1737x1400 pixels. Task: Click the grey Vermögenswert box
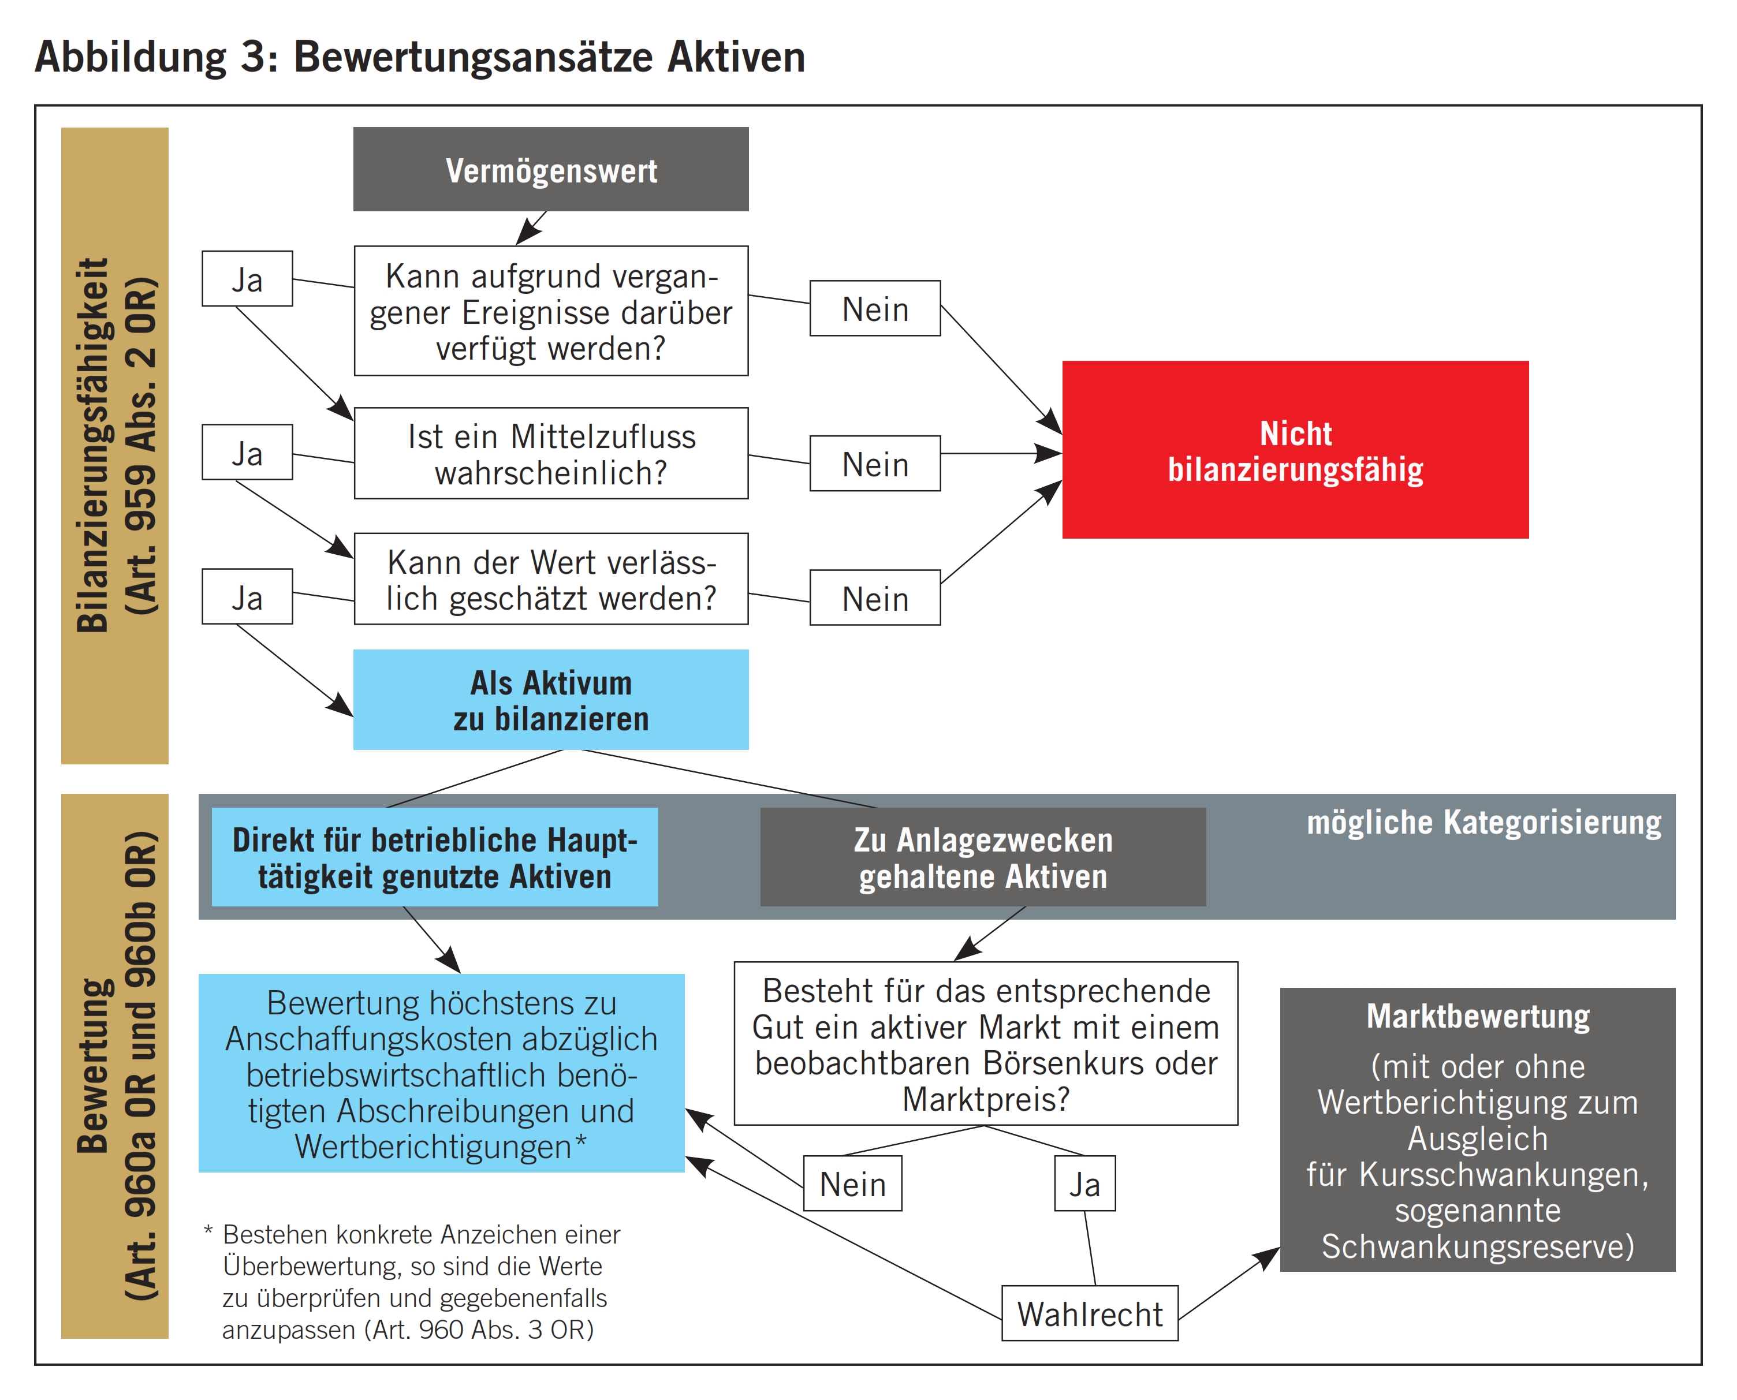tap(550, 169)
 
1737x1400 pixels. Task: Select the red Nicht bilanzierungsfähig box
tap(1294, 450)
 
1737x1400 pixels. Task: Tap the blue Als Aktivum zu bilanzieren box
tap(550, 700)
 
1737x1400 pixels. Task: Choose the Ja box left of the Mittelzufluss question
tap(247, 453)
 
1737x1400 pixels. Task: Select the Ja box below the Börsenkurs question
tap(1084, 1184)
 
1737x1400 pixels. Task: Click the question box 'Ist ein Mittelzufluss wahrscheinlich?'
tap(550, 453)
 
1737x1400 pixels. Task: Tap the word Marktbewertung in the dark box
tap(1477, 1016)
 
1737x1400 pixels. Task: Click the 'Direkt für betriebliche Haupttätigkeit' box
tap(434, 857)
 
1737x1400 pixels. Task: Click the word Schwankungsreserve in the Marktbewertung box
tap(1477, 1246)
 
